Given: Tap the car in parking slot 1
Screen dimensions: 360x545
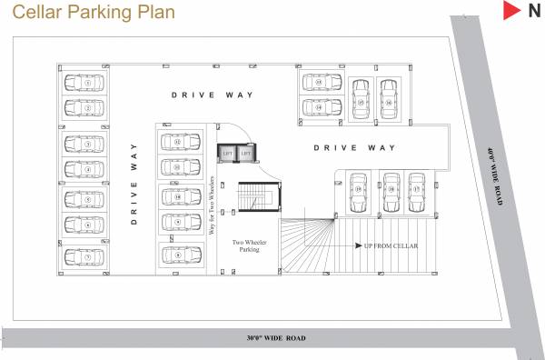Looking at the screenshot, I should (x=89, y=83).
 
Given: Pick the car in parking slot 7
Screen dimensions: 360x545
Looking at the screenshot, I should (x=89, y=256).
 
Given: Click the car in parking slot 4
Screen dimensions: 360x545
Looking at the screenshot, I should (x=89, y=170).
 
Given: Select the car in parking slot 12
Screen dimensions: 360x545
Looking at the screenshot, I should (x=178, y=143).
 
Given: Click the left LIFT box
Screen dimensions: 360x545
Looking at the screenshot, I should (x=227, y=154).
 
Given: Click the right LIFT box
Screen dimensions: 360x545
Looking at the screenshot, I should (x=245, y=154).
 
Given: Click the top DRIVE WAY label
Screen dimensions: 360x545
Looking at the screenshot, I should (x=213, y=95).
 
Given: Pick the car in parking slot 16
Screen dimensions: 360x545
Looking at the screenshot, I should (x=388, y=96).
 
